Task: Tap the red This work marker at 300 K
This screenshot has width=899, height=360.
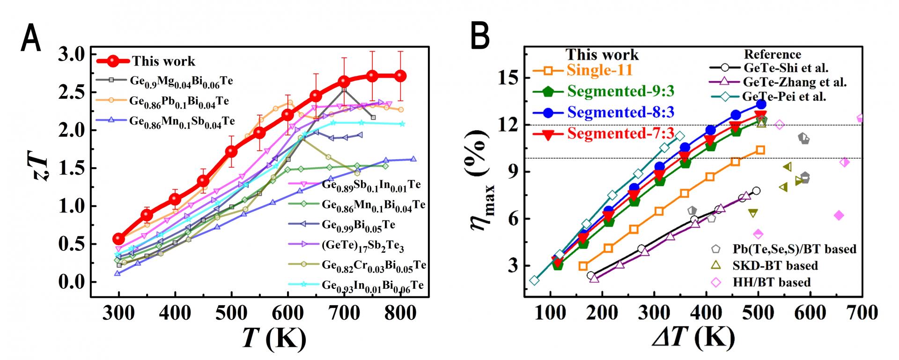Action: click(119, 239)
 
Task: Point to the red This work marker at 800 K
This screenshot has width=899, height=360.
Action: click(400, 76)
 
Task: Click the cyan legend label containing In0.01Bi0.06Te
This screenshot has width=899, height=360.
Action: click(373, 285)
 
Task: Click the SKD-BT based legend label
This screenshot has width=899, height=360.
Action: click(775, 265)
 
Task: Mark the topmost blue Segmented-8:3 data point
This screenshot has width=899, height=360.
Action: click(761, 104)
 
